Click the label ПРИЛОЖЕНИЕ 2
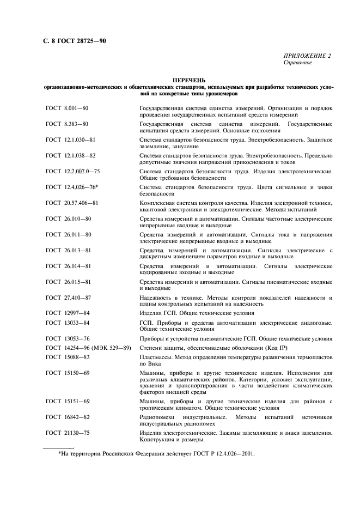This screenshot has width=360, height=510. coord(307,56)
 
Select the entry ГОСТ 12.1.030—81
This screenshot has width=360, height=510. coord(71,140)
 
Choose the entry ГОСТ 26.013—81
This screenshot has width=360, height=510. coord(69,250)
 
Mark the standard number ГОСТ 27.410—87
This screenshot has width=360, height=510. coord(69,297)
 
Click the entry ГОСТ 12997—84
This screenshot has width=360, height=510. coord(68,313)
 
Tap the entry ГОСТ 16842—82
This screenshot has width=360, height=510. coord(68,417)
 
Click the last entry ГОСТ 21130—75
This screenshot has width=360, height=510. coord(68,433)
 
